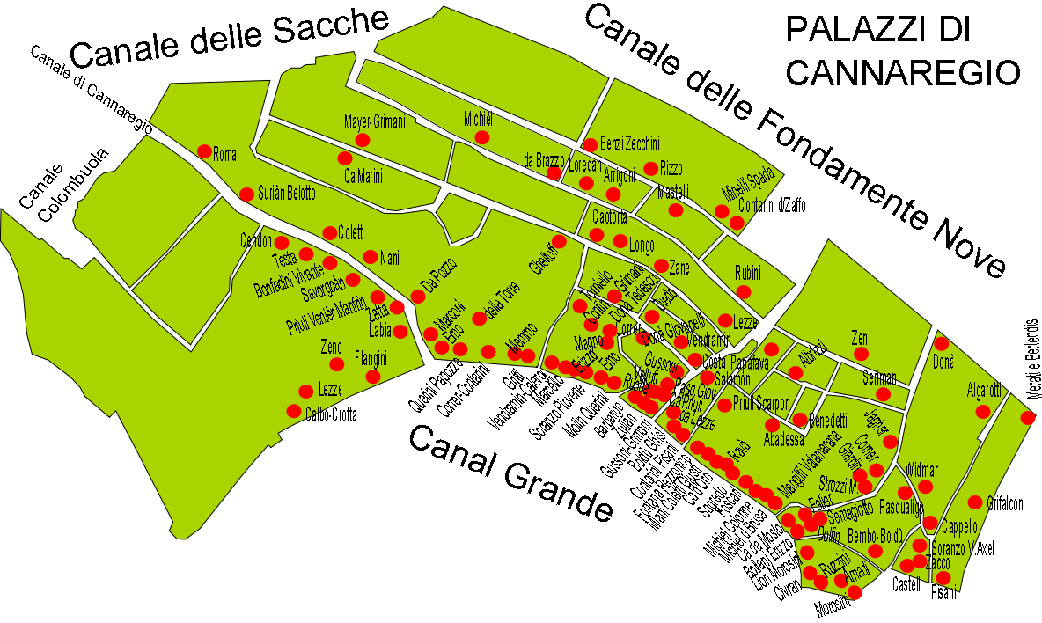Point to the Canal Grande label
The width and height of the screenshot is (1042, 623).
(510, 472)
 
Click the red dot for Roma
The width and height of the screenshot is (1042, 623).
(204, 150)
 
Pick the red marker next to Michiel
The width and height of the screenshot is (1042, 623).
(481, 137)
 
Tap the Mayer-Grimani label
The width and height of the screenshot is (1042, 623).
(374, 122)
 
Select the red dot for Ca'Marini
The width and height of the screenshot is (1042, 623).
(344, 158)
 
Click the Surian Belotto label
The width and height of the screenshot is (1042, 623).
(286, 194)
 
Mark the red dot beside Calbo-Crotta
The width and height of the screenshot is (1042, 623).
(293, 410)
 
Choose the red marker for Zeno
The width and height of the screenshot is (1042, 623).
(334, 363)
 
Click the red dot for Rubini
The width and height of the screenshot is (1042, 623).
(744, 291)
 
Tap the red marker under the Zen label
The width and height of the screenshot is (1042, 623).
(862, 353)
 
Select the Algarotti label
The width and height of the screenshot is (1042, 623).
(984, 390)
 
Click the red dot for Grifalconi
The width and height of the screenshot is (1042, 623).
(975, 502)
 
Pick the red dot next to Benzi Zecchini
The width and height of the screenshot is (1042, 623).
(590, 145)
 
